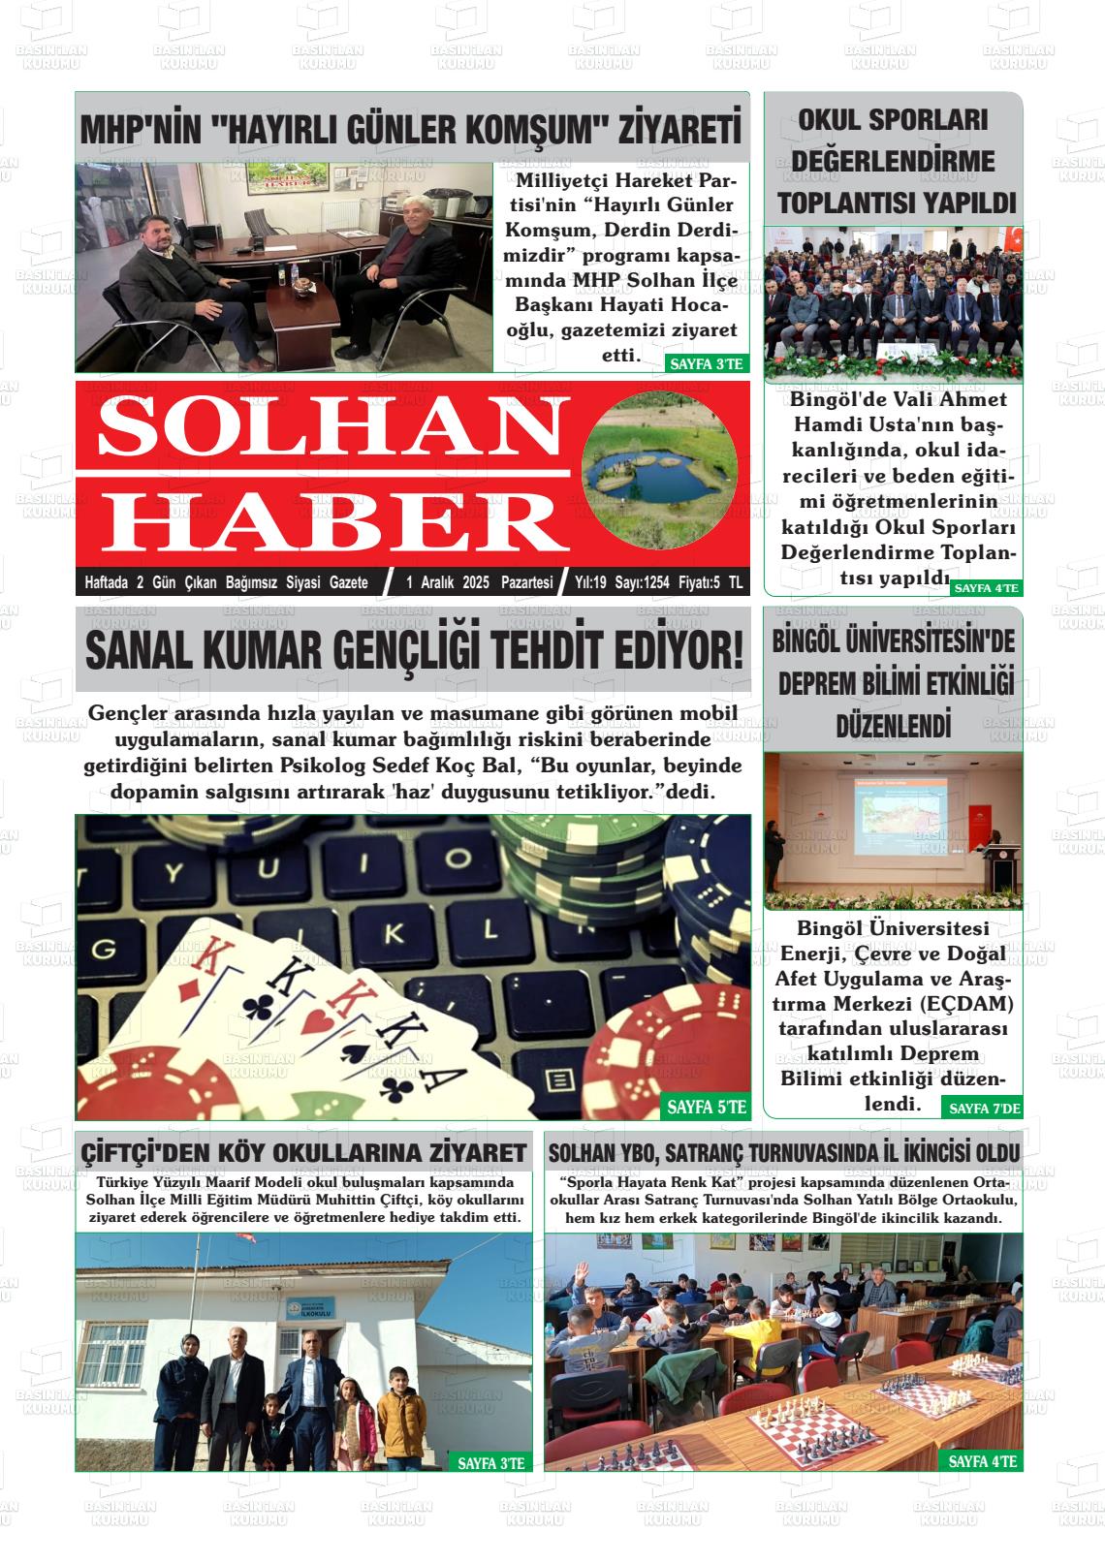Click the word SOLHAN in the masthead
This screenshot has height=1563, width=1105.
click(x=320, y=427)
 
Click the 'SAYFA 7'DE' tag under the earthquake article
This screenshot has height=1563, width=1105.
click(x=984, y=1109)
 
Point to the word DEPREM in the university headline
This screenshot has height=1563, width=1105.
click(x=819, y=682)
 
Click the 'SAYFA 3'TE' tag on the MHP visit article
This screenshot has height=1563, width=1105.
click(x=706, y=364)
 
